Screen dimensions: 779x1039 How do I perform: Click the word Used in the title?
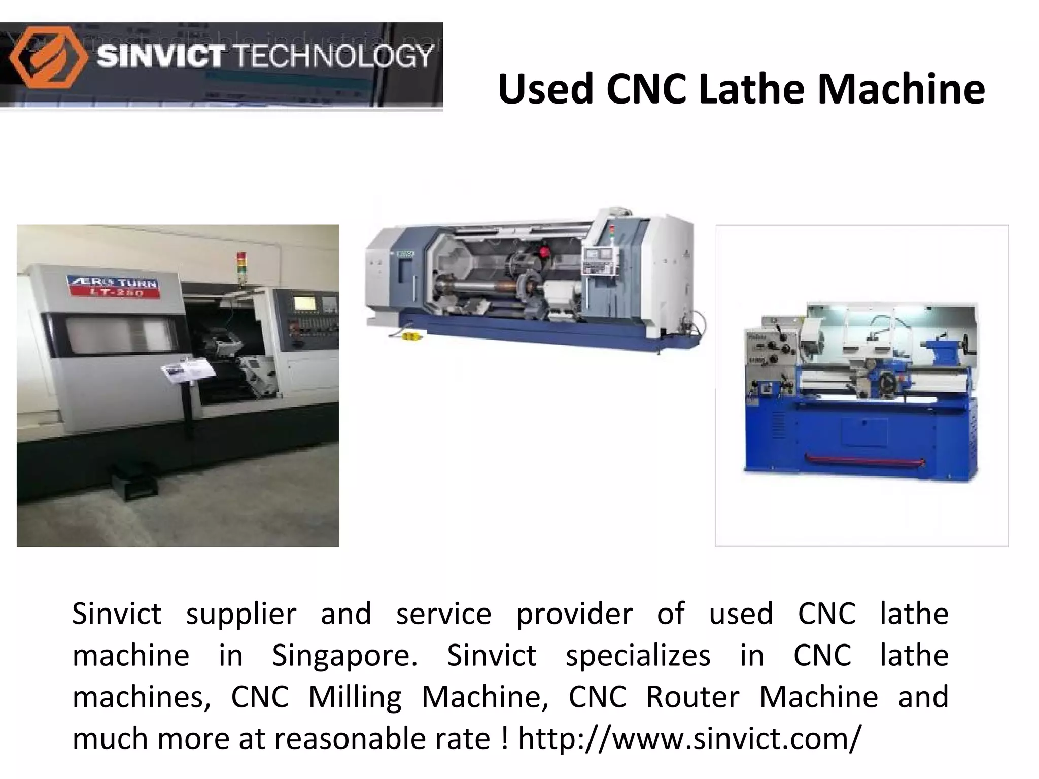pos(545,89)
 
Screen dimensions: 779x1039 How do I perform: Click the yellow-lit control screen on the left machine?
pos(304,303)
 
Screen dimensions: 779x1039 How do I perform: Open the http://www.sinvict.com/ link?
pos(689,739)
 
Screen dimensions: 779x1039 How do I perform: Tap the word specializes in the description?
pos(638,656)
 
